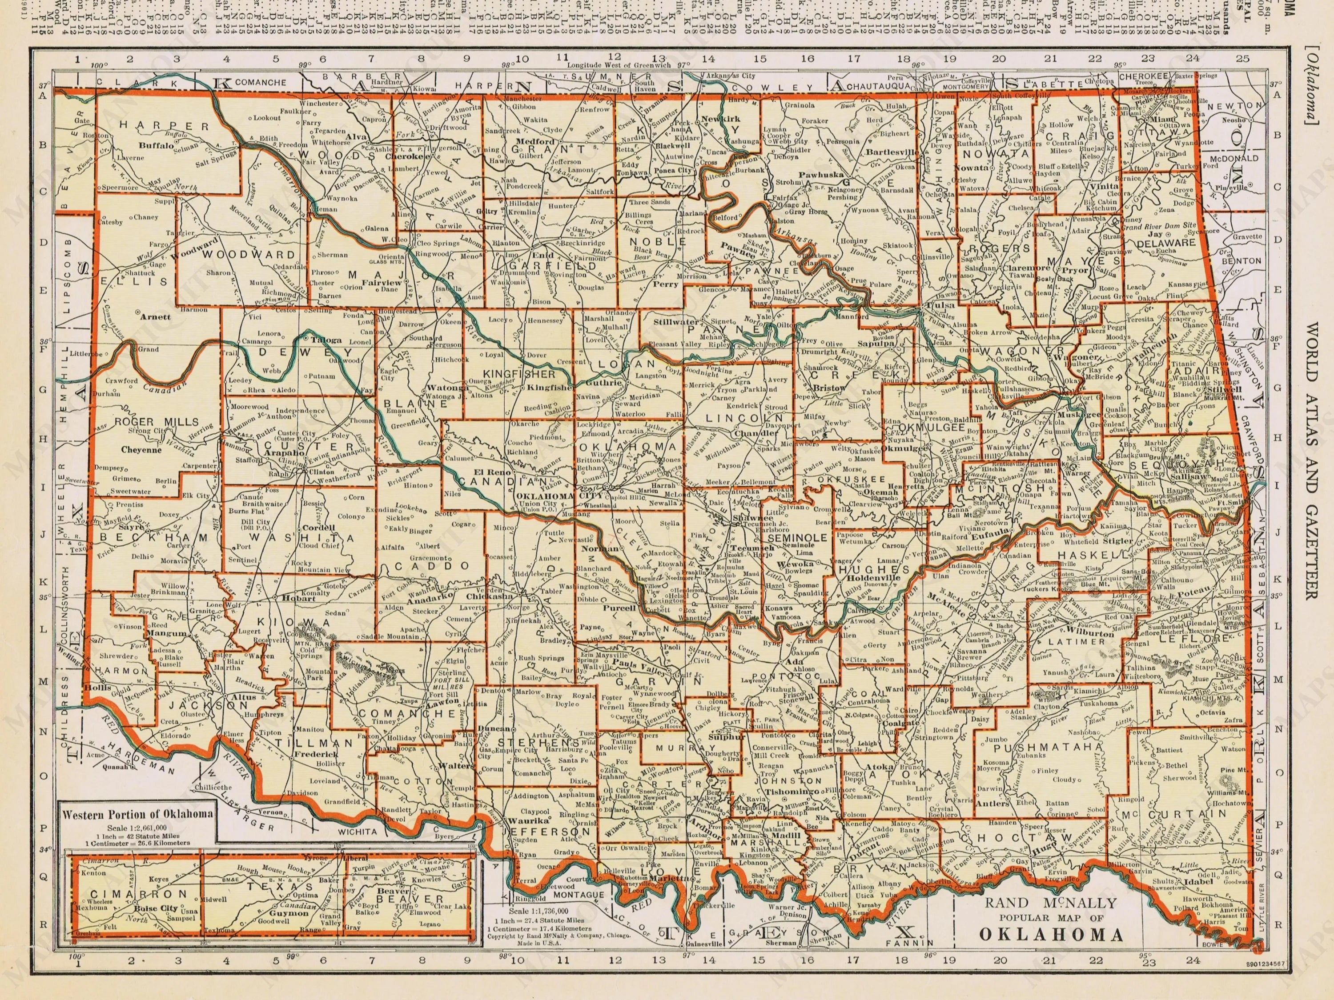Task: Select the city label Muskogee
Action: click(x=1076, y=415)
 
